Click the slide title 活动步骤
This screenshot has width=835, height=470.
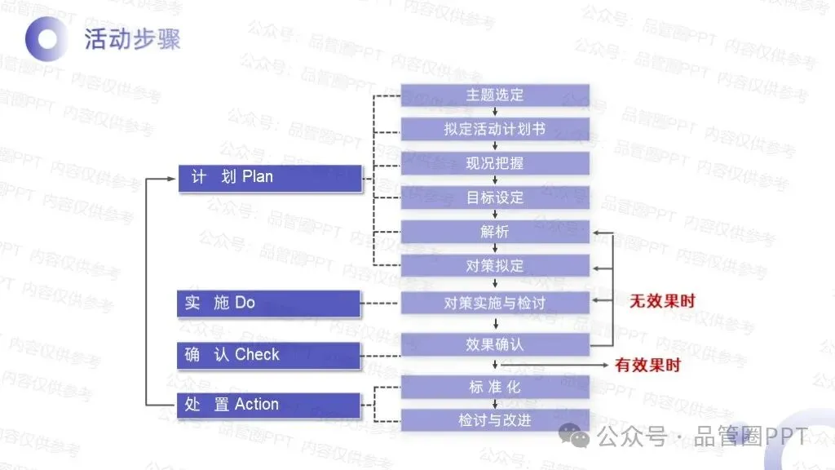tap(132, 39)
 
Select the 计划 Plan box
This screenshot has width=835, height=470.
tap(270, 177)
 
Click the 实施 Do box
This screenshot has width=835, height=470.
tap(270, 304)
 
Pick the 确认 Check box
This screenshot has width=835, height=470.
tap(270, 355)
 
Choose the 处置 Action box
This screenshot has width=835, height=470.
tap(270, 405)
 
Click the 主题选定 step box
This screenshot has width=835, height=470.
tap(495, 95)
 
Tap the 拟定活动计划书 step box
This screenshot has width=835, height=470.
tap(495, 129)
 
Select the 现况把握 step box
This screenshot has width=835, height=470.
tap(495, 163)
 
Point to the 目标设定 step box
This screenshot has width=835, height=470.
tap(495, 197)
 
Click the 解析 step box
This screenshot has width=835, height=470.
tap(495, 232)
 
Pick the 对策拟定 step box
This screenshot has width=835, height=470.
tap(495, 266)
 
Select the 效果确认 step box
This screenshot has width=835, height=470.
tap(495, 344)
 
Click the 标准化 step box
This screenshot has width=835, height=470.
tap(495, 387)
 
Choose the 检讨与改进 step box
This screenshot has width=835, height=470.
tap(495, 420)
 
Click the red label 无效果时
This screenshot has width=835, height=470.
tap(662, 301)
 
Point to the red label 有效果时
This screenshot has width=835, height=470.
tap(647, 366)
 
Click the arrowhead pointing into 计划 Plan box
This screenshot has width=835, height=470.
tap(173, 178)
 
